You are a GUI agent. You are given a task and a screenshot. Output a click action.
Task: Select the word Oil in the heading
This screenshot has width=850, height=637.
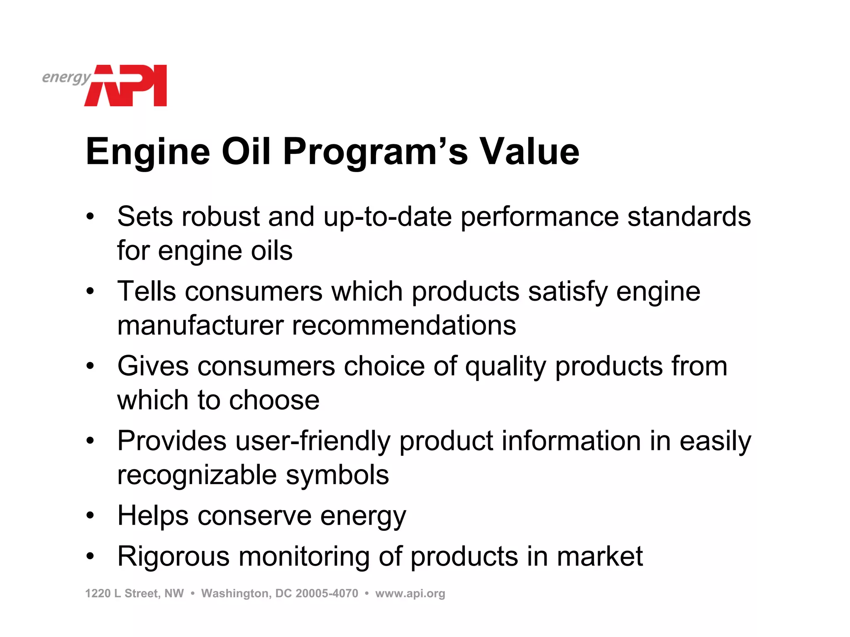pyautogui.click(x=246, y=152)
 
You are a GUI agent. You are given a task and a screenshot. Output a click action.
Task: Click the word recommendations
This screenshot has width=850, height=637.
pyautogui.click(x=404, y=325)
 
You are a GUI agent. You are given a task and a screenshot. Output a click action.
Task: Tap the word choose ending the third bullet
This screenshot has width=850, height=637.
pyautogui.click(x=274, y=400)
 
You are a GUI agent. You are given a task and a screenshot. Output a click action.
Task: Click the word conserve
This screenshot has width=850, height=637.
pyautogui.click(x=254, y=516)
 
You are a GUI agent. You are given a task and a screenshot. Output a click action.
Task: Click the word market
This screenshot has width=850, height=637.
pyautogui.click(x=599, y=557)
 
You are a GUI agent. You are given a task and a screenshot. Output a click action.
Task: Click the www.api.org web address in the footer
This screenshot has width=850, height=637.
pyautogui.click(x=410, y=593)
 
